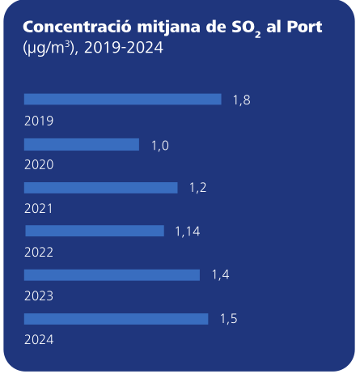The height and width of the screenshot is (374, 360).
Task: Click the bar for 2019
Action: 122,100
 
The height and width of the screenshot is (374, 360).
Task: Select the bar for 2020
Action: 82,144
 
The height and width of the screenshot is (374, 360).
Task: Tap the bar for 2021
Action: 100,188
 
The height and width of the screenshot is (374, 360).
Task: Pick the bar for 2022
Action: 94,232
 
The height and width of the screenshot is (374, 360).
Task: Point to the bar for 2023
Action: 112,275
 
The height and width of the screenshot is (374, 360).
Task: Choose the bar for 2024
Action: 116,319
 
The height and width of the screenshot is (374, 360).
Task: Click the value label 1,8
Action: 241,100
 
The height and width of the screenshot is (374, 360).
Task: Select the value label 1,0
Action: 160,145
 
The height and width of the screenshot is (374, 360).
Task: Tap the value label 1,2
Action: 198,188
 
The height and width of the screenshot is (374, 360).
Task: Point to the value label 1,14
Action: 187,232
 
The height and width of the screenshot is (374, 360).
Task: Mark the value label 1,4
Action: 221,275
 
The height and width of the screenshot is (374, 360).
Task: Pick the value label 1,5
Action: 229,319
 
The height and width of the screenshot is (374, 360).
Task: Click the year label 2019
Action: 39,121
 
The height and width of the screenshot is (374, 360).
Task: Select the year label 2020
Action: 39,165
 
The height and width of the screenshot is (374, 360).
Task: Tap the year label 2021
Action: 39,209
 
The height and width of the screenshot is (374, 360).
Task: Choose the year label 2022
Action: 39,253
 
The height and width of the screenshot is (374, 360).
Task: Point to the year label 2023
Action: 39,296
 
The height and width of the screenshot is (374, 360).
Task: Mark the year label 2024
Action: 39,340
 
